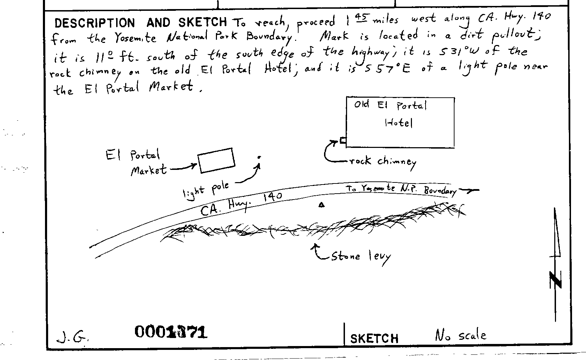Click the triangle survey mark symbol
322,205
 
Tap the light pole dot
259,157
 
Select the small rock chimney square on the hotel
343,141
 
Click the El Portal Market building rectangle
216,160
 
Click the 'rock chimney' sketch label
383,162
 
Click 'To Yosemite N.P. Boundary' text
401,189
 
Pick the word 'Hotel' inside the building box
399,123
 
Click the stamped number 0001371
171,332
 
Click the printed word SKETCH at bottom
374,338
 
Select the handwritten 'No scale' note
460,336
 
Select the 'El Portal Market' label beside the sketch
136,163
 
